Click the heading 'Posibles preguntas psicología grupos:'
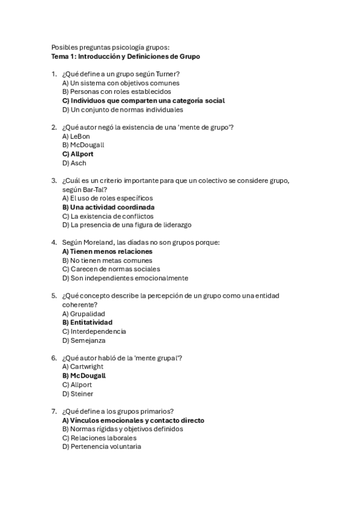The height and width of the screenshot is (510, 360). (111, 48)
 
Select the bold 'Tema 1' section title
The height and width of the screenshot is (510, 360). (126, 57)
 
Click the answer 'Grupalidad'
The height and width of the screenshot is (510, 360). (84, 313)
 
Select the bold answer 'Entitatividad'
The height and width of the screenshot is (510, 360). (87, 322)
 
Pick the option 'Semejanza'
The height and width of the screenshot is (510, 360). (84, 340)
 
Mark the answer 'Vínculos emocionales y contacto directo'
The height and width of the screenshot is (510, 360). (133, 420)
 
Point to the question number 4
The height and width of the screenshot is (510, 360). (54, 242)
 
